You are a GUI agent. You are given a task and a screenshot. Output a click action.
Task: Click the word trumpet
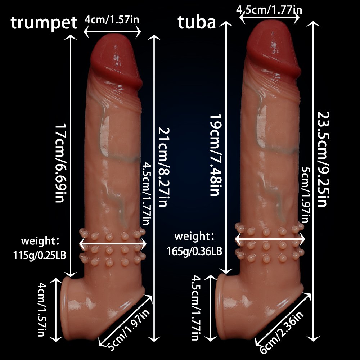(44, 23)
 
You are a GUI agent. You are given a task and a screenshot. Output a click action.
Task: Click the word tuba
(197, 22)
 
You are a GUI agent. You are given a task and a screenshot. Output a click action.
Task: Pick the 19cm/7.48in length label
(215, 155)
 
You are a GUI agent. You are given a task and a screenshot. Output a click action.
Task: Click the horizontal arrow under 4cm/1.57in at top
(112, 31)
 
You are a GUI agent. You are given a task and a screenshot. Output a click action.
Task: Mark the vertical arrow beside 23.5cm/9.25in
(314, 180)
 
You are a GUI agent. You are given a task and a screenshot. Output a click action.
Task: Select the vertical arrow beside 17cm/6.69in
(71, 155)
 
